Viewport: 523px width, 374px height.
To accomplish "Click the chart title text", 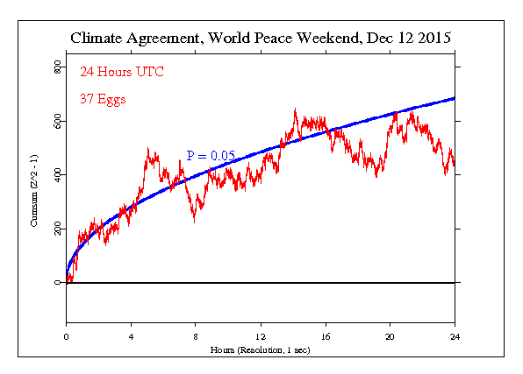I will (x=261, y=39).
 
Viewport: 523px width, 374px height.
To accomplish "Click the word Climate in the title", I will (x=100, y=39).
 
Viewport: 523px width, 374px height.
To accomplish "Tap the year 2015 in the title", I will (x=432, y=39).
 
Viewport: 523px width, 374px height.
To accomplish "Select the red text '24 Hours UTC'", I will (x=121, y=72).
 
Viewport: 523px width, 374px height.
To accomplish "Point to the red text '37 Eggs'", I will (x=104, y=98).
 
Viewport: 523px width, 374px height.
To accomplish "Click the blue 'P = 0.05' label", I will (x=211, y=155).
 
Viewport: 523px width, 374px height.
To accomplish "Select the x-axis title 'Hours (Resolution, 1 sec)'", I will (x=261, y=349).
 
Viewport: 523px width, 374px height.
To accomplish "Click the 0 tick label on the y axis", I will (x=58, y=283).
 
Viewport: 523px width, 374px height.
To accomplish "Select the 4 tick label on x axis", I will (x=131, y=336).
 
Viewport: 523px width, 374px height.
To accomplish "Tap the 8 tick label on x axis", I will (x=196, y=336).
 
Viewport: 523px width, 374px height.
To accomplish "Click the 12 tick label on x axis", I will (x=261, y=336).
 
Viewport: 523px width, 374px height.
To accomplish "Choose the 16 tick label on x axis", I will (x=326, y=336).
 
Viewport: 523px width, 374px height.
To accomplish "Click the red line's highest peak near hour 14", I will (x=294, y=109).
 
